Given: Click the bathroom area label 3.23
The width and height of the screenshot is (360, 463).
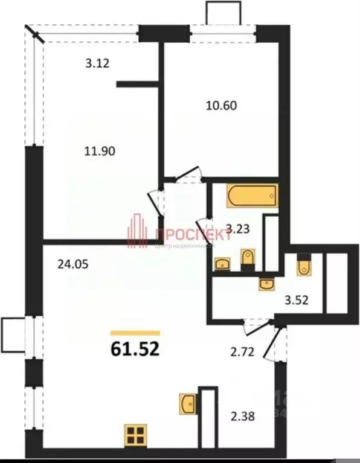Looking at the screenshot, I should coord(237,229).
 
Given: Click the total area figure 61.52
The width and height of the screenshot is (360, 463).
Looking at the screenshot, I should coord(135,350).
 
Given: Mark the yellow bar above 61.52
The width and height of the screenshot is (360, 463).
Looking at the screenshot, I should coord(135,333).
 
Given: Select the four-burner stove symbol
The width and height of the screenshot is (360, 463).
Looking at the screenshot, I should coord(135,435).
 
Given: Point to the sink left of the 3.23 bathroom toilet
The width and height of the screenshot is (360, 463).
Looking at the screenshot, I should coord(222,264).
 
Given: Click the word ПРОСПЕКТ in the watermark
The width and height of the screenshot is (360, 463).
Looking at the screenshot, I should coord(194,235).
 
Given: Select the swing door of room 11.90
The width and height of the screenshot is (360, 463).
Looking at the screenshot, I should coord(156,202).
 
